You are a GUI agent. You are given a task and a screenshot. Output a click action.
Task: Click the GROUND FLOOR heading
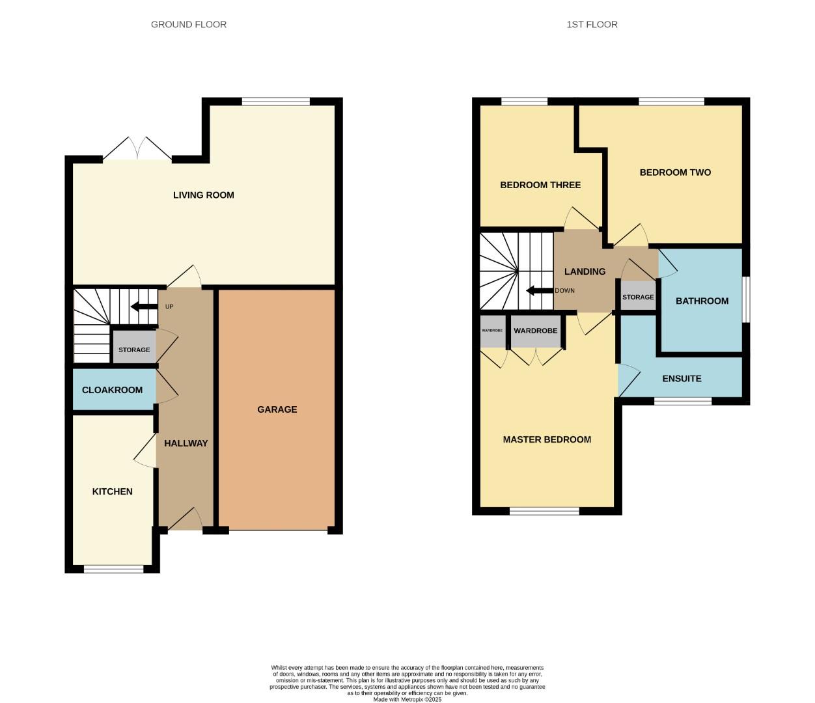(189, 25)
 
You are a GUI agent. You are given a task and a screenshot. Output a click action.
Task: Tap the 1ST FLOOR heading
(592, 25)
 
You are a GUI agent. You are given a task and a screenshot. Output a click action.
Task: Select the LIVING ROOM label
(203, 195)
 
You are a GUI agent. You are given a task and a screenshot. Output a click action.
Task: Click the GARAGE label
(277, 409)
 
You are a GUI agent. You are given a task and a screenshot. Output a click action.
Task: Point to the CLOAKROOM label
(112, 390)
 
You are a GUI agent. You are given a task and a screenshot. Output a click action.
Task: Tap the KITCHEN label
(112, 491)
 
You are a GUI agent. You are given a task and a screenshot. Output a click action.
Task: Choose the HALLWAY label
(186, 443)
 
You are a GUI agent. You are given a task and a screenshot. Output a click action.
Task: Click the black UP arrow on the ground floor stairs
(144, 307)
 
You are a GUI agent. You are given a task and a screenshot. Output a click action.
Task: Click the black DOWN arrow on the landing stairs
(539, 290)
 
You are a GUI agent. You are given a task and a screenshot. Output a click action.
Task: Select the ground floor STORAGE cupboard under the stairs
(134, 350)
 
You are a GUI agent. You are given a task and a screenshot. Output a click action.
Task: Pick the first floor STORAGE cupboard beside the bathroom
(638, 297)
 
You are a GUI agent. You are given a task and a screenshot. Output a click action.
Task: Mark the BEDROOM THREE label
(540, 185)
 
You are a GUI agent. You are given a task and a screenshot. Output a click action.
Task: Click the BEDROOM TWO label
(675, 172)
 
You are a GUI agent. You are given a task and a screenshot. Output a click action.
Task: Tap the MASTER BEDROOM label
(547, 439)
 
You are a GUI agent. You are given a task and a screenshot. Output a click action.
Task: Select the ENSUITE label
(682, 379)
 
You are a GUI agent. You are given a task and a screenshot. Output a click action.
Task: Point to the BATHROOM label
(702, 301)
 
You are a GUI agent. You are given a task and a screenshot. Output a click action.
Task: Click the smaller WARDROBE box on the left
(492, 331)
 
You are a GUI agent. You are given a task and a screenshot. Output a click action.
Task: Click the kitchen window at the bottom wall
(113, 569)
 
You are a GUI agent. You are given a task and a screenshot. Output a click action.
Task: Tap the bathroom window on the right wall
(746, 299)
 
